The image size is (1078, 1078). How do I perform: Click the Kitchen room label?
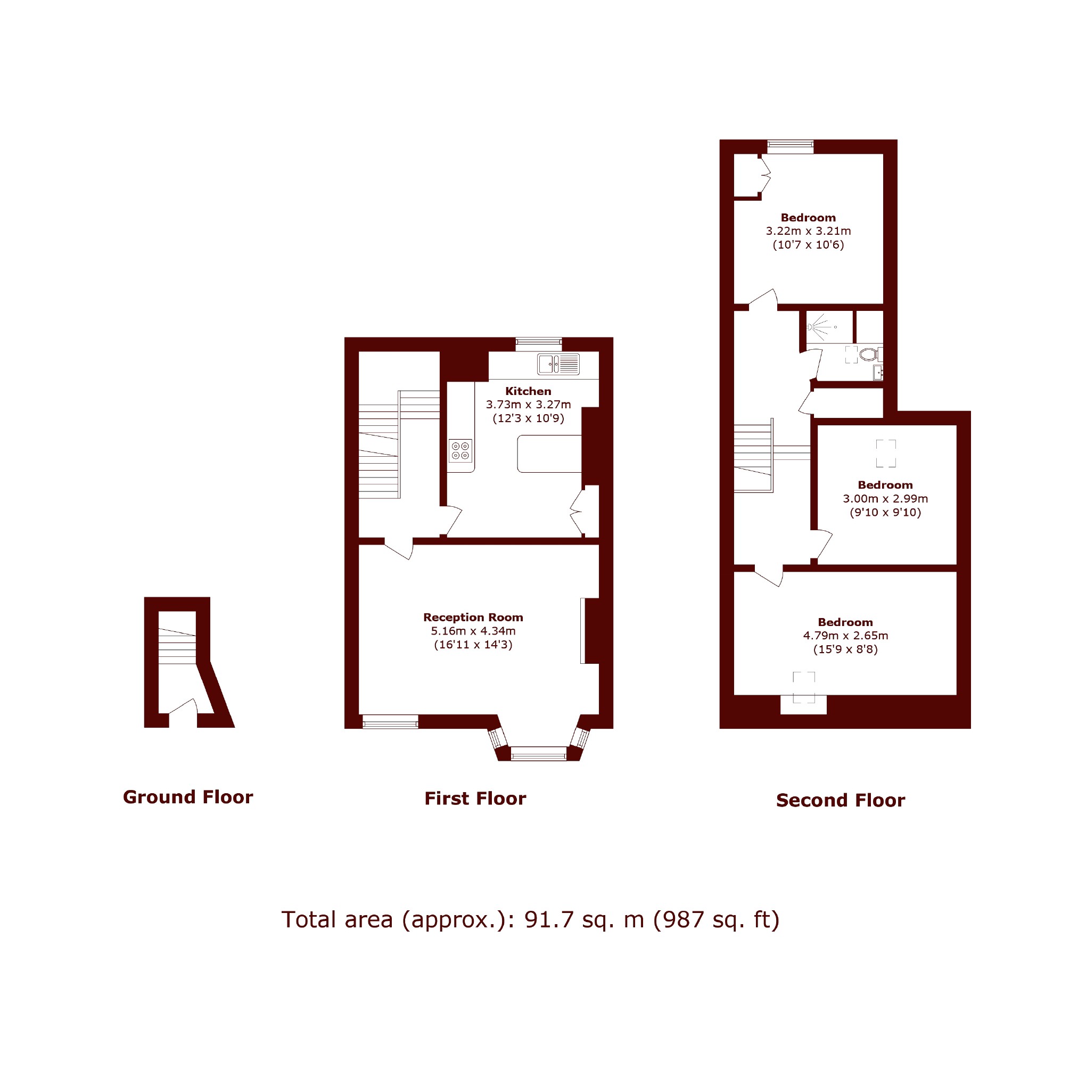(x=528, y=391)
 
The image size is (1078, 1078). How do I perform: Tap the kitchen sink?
(x=558, y=364)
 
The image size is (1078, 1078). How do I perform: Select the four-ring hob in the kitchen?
(x=460, y=451)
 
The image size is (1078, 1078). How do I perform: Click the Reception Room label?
(x=473, y=617)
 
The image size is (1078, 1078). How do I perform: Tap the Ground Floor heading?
(x=188, y=797)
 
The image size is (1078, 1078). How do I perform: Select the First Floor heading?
(x=475, y=799)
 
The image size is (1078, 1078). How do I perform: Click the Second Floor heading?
(x=840, y=800)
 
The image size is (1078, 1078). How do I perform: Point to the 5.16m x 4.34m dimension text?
(x=473, y=631)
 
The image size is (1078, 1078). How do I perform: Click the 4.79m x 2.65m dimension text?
(x=845, y=636)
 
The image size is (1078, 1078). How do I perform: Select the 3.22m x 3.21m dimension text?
(x=809, y=231)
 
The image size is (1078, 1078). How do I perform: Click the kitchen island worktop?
(x=549, y=454)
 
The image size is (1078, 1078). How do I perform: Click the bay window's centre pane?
(x=538, y=755)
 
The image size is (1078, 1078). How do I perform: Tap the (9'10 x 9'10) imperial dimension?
(x=885, y=512)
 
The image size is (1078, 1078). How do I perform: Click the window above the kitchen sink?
(x=538, y=344)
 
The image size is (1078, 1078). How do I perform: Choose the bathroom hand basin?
(x=878, y=372)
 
